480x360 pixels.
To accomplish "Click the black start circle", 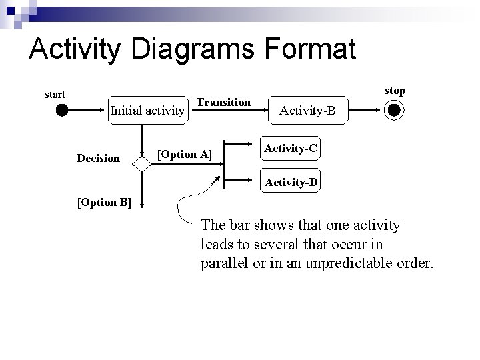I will tap(62, 111).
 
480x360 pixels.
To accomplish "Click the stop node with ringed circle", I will tap(394, 111).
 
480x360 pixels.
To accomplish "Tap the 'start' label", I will tap(55, 95).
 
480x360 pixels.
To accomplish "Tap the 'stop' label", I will tap(395, 90).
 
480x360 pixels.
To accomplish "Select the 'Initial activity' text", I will tap(147, 110).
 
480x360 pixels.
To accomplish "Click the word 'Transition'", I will tap(225, 102).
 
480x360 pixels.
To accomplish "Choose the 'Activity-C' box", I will tap(289, 149).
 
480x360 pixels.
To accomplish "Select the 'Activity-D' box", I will tap(291, 181).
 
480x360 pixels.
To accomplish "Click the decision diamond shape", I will tap(142, 162).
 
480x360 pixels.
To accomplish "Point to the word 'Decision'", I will tap(99, 159).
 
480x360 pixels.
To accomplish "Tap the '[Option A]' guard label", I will tap(184, 155).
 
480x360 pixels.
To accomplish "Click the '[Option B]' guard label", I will tap(105, 203).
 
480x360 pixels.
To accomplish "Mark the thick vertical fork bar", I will tap(224, 163).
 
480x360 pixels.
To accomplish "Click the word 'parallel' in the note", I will tap(223, 263).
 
